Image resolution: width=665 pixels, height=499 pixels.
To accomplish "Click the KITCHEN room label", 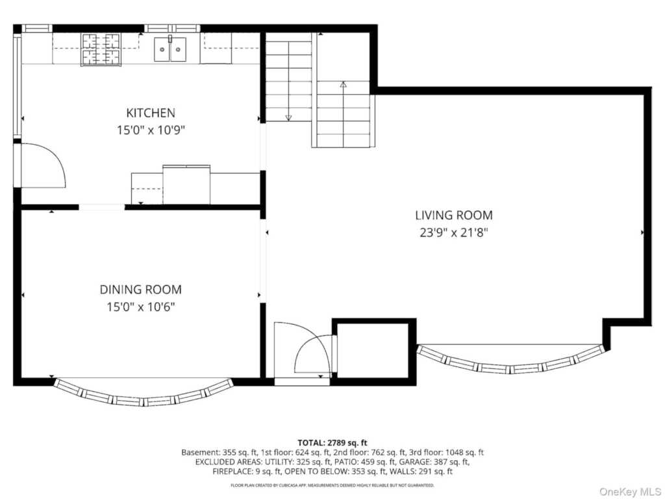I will click(x=150, y=113).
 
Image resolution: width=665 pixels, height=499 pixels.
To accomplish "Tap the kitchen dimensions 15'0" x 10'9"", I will click(x=150, y=130).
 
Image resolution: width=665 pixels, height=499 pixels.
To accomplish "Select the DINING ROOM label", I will click(x=140, y=290).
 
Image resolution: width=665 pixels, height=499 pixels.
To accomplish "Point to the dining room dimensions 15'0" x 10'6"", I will click(x=140, y=307).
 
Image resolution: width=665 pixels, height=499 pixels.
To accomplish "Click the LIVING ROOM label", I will click(x=453, y=215).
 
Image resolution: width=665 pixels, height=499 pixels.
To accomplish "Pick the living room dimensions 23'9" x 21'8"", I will click(x=453, y=232).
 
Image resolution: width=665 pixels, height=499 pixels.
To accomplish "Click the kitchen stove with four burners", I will click(x=100, y=49).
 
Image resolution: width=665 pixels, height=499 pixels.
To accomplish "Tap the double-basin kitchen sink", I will click(x=169, y=49).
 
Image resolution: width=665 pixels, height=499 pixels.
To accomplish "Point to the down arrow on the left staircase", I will click(x=289, y=117).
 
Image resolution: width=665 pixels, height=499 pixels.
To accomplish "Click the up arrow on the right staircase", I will click(x=344, y=84).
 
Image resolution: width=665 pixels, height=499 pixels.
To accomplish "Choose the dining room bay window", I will click(x=143, y=395).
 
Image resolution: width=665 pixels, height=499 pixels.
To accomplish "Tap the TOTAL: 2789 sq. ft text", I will click(x=332, y=442).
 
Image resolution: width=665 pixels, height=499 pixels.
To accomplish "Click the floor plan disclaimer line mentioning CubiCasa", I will click(x=332, y=485).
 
